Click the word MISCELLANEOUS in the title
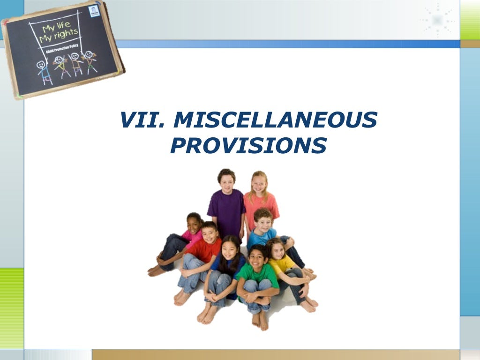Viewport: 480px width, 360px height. [x=275, y=120]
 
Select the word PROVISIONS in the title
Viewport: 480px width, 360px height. [x=248, y=146]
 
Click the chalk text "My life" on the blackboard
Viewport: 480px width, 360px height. [x=56, y=28]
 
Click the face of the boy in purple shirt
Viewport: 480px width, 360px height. [x=226, y=181]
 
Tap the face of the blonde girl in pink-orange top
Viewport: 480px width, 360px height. [x=259, y=184]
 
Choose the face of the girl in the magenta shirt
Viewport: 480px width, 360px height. [x=194, y=224]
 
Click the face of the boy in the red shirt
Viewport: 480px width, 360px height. [x=210, y=233]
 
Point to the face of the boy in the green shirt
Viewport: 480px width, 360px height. [x=257, y=257]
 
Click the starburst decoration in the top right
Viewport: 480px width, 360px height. [x=437, y=20]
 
